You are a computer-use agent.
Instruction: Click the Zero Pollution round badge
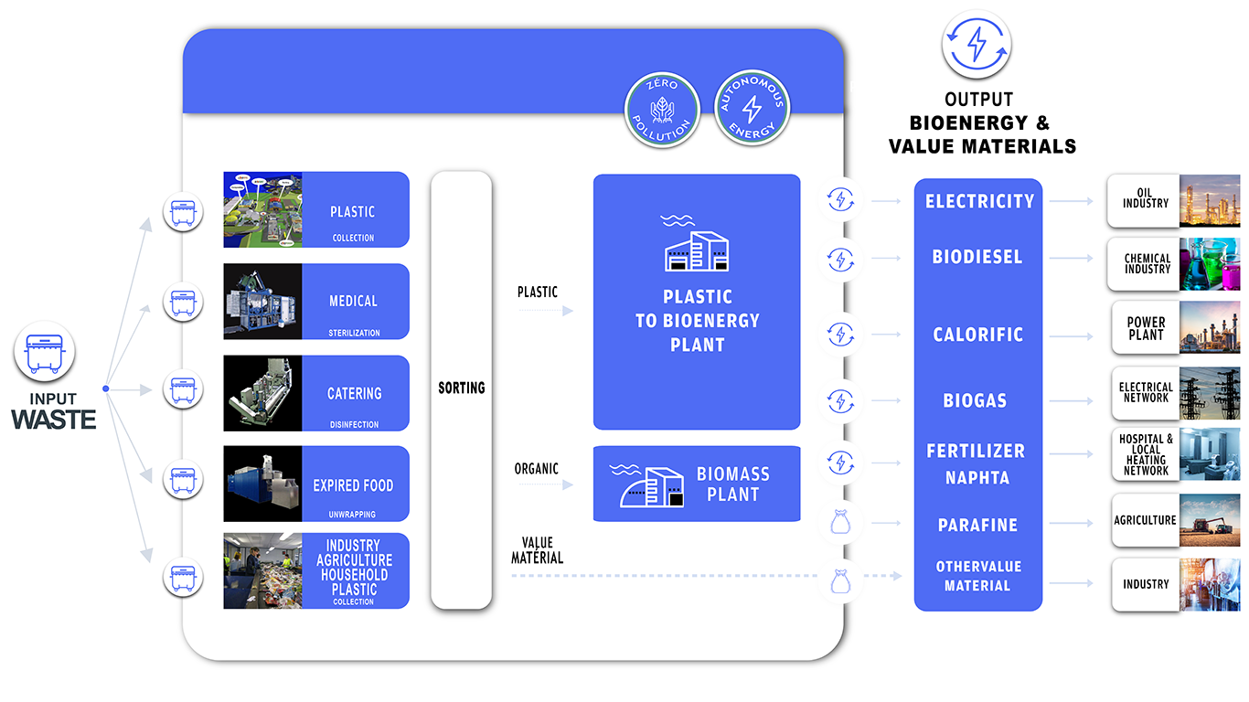662,107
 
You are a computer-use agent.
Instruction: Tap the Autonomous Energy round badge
752,107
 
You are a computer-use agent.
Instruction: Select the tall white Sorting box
461,389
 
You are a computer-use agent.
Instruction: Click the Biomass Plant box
697,484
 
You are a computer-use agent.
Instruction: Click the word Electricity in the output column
979,201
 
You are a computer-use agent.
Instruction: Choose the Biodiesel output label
977,257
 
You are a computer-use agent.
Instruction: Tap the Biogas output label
975,400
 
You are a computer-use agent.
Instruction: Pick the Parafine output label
977,525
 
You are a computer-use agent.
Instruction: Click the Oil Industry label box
1145,198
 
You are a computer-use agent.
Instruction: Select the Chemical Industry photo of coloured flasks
1210,265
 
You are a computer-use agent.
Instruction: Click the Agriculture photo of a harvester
1210,520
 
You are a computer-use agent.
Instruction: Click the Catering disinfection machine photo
262,393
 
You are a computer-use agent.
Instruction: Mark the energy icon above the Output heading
977,44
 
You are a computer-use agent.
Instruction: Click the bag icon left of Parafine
839,524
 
